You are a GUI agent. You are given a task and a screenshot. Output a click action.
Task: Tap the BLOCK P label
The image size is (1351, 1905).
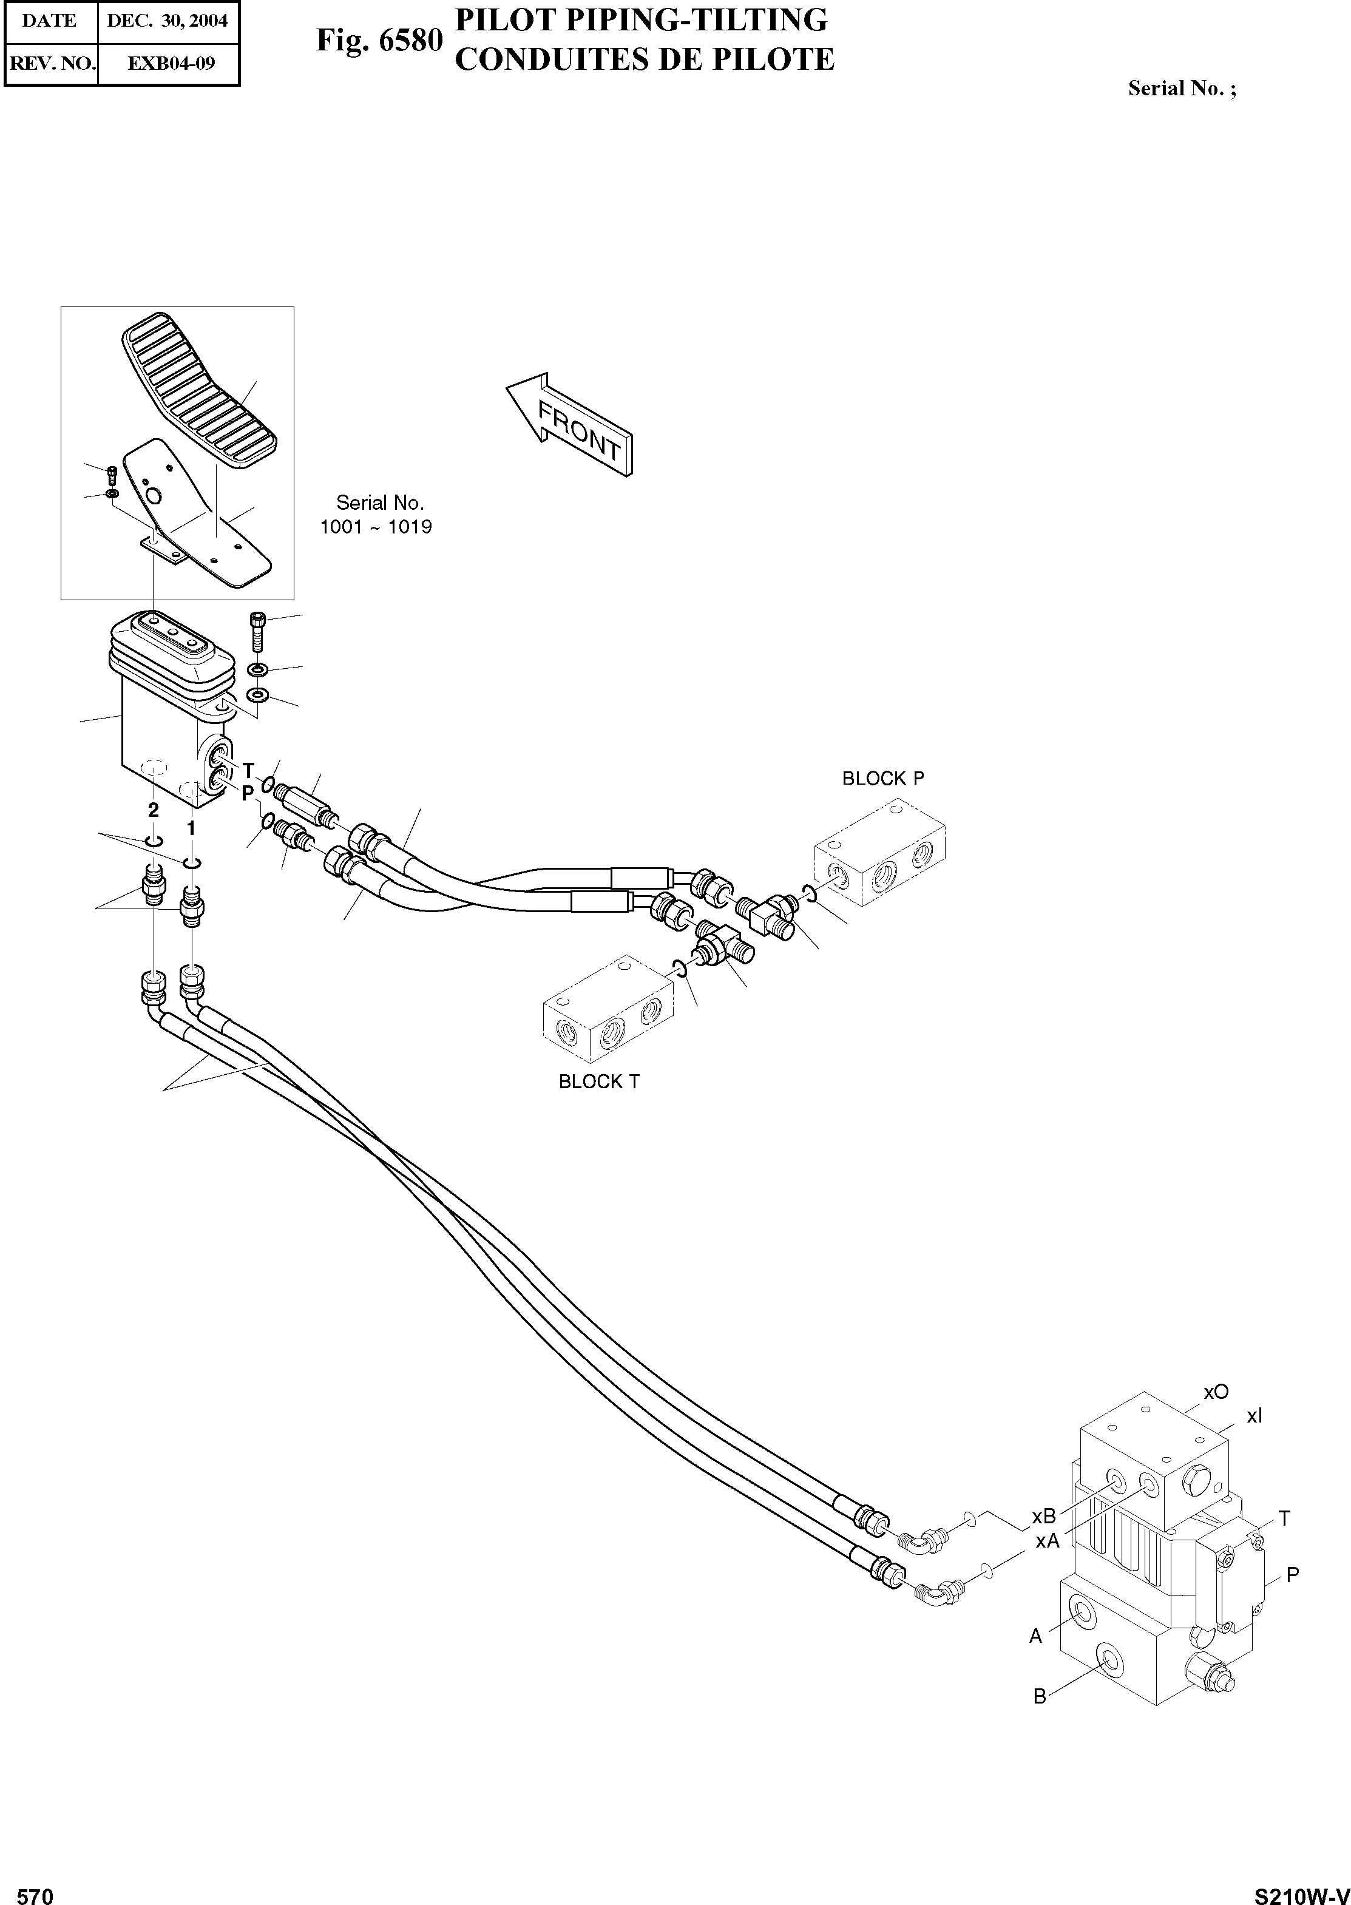(x=882, y=779)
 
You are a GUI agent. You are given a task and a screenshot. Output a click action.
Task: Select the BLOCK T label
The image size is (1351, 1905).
(x=599, y=1081)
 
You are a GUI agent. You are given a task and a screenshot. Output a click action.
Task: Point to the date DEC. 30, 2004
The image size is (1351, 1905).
(x=168, y=21)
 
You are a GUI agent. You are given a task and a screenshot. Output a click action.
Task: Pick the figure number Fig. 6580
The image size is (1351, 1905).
(x=379, y=40)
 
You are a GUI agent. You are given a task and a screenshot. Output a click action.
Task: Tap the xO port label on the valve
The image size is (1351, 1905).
(x=1216, y=1392)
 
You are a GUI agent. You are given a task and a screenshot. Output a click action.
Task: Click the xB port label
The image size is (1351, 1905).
(x=1044, y=1517)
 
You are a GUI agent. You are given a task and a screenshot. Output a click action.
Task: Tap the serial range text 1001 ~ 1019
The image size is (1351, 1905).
(x=376, y=527)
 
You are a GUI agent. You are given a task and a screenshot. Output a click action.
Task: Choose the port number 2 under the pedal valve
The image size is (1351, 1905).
(x=153, y=808)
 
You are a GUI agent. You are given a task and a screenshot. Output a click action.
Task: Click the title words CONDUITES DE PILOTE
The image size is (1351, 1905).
(x=645, y=60)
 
